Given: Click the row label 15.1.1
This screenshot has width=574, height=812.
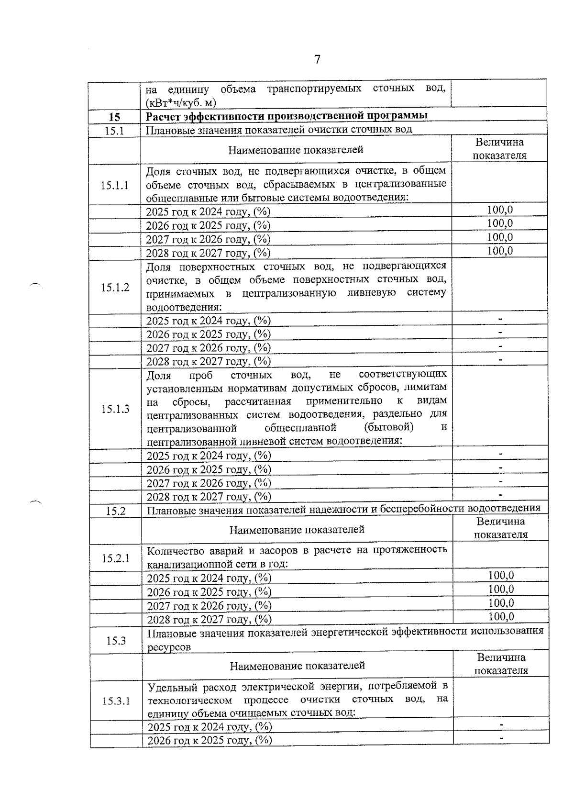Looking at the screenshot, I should point(115,185).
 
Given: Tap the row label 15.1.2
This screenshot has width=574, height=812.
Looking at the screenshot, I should point(115,288).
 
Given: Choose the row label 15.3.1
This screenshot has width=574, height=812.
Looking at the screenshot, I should point(116,701).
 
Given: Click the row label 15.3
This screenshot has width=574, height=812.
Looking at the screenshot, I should point(116,641).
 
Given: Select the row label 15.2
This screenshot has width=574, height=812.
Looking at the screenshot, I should point(116,511).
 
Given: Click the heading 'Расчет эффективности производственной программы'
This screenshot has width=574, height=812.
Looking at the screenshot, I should point(286,116).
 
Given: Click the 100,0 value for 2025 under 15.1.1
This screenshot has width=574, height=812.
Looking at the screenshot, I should point(500,210).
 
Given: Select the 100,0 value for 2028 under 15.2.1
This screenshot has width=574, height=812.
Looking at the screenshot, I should point(501,616).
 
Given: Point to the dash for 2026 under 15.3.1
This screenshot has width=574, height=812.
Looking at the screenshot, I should point(501,739).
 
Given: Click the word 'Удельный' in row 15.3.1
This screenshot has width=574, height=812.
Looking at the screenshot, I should point(168,687).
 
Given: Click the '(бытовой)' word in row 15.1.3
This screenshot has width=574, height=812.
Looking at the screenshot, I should point(388,426).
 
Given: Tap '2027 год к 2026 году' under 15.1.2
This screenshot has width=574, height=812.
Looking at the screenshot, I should point(208,348).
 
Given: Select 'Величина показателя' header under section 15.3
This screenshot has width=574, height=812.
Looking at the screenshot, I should point(501,664).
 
